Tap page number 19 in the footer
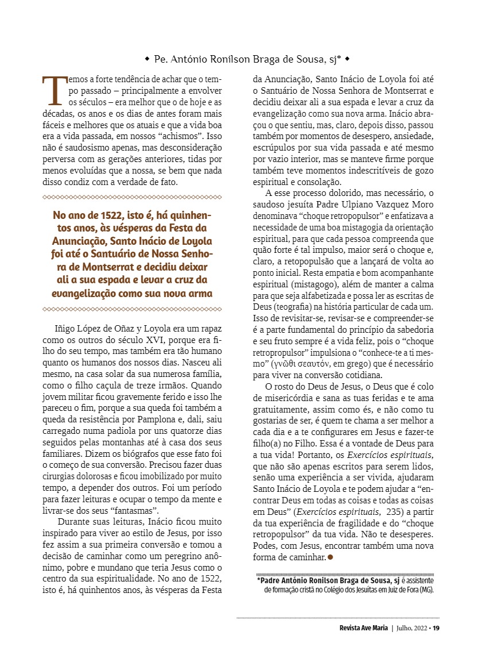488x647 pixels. pyautogui.click(x=436, y=627)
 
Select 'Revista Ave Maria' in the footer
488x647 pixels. pyautogui.click(x=363, y=627)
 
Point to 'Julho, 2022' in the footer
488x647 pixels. pyautogui.click(x=412, y=627)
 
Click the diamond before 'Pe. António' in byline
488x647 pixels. pyautogui.click(x=148, y=59)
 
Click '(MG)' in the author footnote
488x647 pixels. pyautogui.click(x=425, y=590)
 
